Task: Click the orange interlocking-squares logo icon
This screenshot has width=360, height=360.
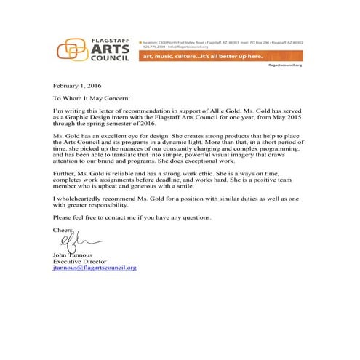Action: click(x=70, y=49)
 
